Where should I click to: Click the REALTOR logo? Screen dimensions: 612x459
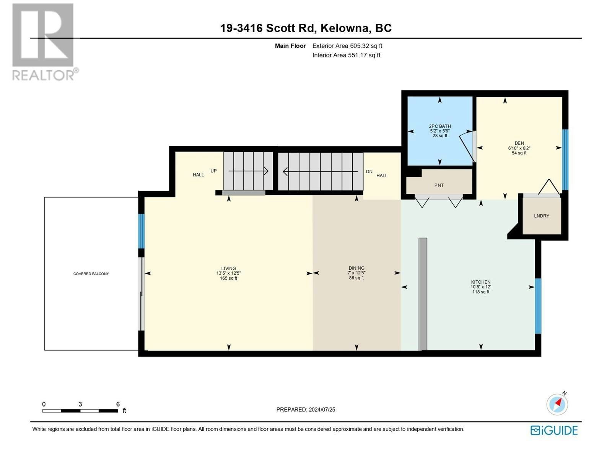(45, 42)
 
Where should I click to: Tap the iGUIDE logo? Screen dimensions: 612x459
(553, 431)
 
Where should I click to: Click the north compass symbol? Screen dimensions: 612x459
(557, 404)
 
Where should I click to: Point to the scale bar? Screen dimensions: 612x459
(80, 411)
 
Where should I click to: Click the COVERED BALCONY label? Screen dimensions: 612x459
(91, 274)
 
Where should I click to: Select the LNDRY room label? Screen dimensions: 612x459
(542, 216)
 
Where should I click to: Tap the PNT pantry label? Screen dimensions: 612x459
(439, 186)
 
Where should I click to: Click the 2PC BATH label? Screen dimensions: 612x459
(440, 126)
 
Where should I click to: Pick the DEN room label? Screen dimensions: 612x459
(519, 143)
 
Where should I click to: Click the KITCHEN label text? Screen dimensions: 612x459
(481, 282)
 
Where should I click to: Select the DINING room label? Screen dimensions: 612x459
(356, 268)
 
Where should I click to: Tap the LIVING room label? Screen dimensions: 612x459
(229, 269)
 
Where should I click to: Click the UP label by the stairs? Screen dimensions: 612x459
(213, 171)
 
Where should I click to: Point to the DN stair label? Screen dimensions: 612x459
(369, 172)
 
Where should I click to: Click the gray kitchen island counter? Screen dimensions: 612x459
(423, 294)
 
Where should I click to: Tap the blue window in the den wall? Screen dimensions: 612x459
(565, 160)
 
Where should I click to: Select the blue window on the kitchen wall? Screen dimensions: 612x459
(538, 306)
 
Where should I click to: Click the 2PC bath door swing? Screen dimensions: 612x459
(467, 146)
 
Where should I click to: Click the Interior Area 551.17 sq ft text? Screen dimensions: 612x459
(346, 55)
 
